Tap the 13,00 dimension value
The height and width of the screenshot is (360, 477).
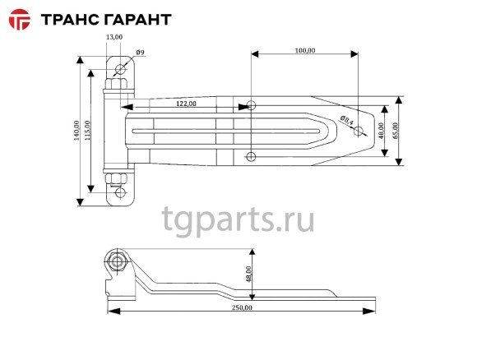click(x=114, y=38)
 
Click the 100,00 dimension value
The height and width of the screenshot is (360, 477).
click(x=304, y=50)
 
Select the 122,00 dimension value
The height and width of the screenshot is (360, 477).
click(x=186, y=104)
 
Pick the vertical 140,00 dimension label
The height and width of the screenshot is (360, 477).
click(x=75, y=132)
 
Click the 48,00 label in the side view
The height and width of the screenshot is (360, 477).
click(x=248, y=275)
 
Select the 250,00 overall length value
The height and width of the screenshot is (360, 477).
click(x=242, y=307)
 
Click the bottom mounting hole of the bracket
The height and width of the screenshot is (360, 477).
click(x=121, y=194)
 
